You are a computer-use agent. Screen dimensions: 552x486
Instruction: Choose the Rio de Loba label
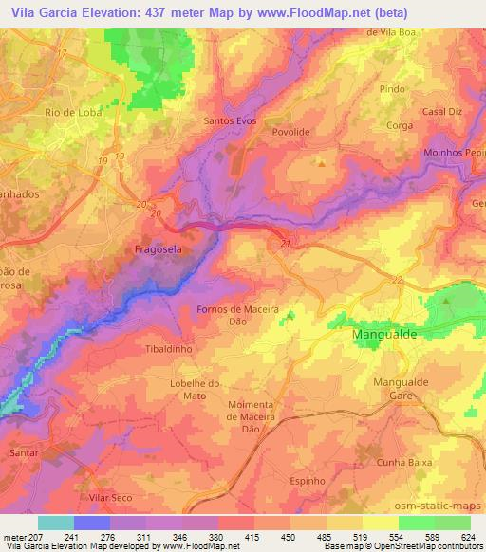pos(71,112)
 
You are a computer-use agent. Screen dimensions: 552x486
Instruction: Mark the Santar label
pos(25,454)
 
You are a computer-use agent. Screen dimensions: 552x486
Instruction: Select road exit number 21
pos(285,243)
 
